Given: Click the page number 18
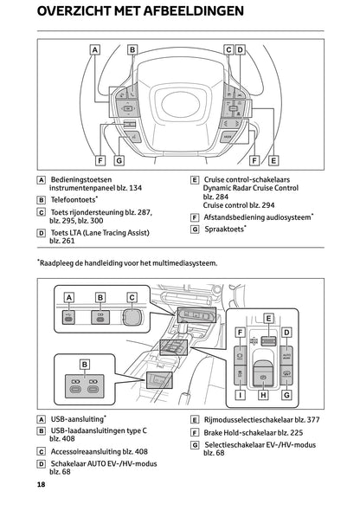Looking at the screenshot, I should coord(41,484).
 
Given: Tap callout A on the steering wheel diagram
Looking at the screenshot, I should coord(93,50).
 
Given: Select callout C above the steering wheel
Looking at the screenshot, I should coord(228,50).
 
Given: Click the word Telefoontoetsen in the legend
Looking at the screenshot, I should coord(74,199).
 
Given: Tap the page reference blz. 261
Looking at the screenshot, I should coord(62,241).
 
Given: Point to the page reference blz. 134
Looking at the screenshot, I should coord(128,188).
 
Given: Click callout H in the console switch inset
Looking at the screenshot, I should coord(265,394).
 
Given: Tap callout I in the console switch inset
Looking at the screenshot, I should coord(238,394).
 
